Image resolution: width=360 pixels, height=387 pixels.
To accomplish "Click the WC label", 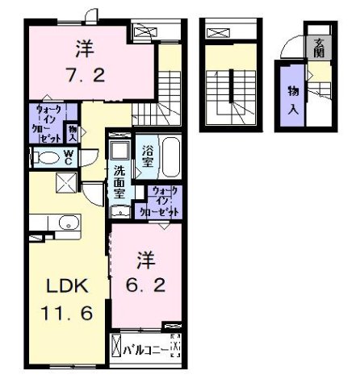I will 69,159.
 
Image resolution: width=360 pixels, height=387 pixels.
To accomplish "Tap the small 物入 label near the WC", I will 72,131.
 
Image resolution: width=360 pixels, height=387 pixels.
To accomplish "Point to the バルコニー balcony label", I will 147,349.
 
